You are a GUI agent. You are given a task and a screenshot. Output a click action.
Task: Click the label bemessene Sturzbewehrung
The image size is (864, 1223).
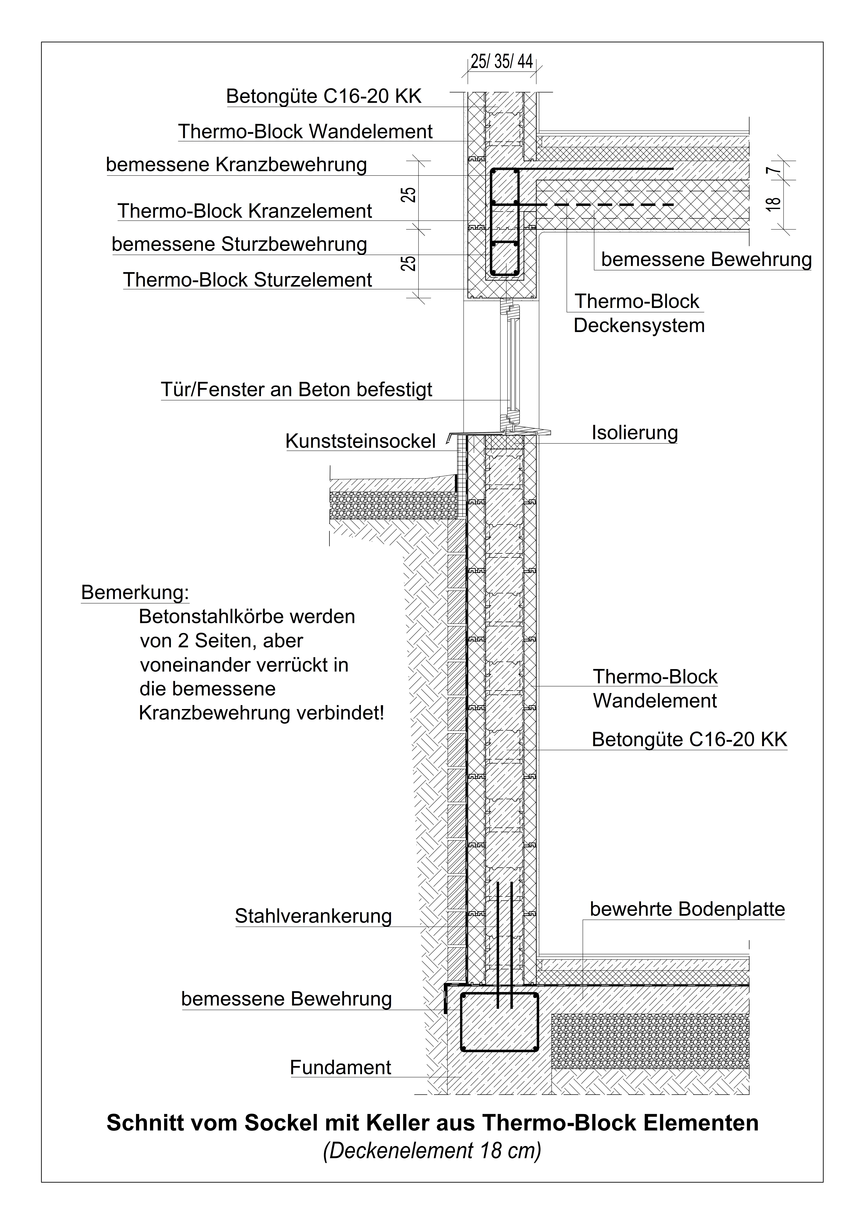point(239,245)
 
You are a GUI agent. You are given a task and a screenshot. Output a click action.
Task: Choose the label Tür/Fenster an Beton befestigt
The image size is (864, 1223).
point(296,390)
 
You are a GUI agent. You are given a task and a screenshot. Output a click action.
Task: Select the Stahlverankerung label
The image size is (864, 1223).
point(313,916)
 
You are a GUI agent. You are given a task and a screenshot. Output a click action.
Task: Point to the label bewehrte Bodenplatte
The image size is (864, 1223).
point(687,909)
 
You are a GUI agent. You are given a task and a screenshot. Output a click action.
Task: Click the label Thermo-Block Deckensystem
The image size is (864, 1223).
point(639,313)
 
